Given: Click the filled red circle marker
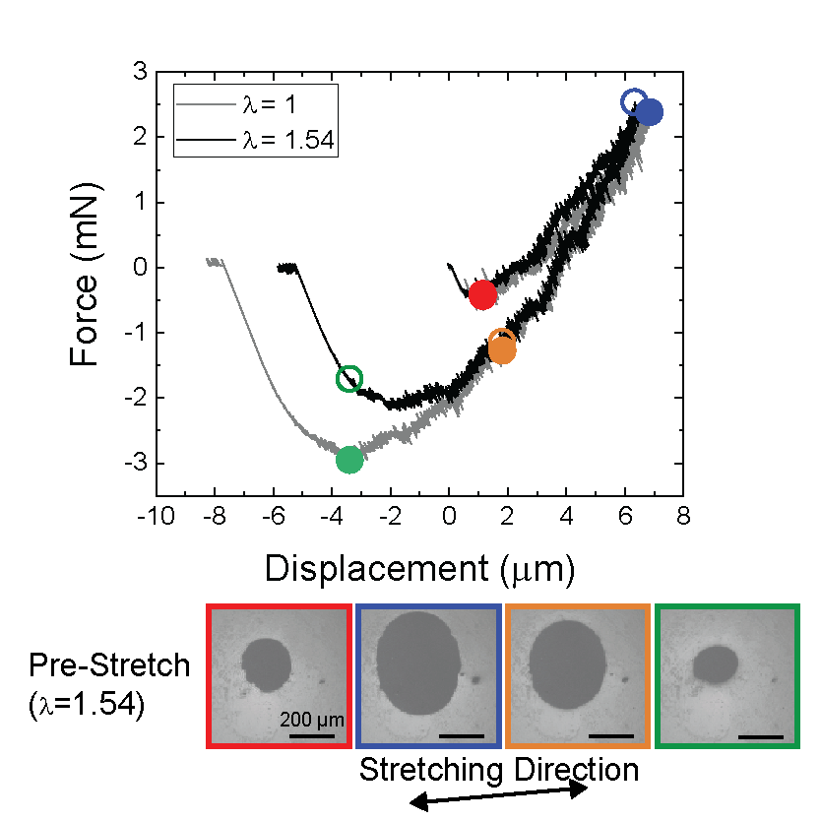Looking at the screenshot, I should (482, 294).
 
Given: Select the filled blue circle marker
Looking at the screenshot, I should (649, 112).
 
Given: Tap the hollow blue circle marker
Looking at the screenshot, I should (635, 101).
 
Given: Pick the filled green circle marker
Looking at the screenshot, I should (349, 459).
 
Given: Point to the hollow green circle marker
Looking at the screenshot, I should (349, 378).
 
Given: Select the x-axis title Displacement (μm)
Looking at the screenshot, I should (418, 567).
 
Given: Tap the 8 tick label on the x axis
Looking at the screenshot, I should (683, 518).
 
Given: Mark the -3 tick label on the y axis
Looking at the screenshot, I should (135, 464).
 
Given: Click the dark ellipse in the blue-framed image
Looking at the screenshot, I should (419, 662).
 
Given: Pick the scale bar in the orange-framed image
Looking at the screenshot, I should (611, 734).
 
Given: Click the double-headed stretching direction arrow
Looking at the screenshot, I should (498, 798).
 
